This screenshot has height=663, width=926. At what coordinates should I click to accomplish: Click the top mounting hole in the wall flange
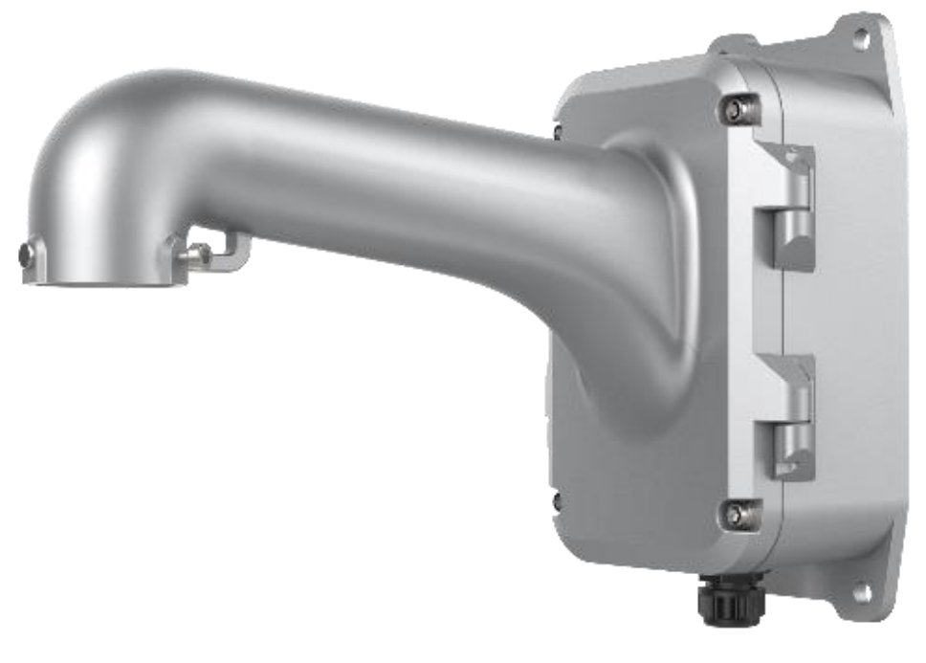(860, 39)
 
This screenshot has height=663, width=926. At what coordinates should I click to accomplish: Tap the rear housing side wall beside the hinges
(851, 316)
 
